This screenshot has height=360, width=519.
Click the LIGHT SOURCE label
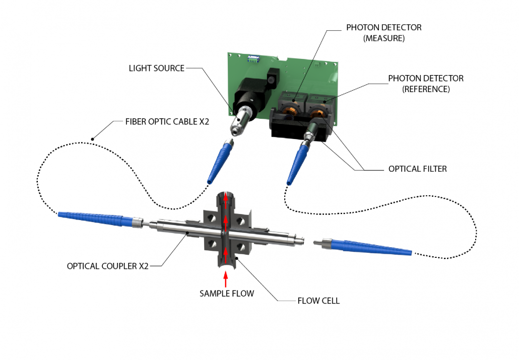[x=157, y=68]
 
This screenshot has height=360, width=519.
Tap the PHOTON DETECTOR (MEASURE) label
[x=384, y=32]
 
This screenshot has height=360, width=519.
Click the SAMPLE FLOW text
[x=226, y=293]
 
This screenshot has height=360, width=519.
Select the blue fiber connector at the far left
[x=93, y=220]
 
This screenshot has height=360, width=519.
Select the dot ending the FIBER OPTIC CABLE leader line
[x=92, y=138]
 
